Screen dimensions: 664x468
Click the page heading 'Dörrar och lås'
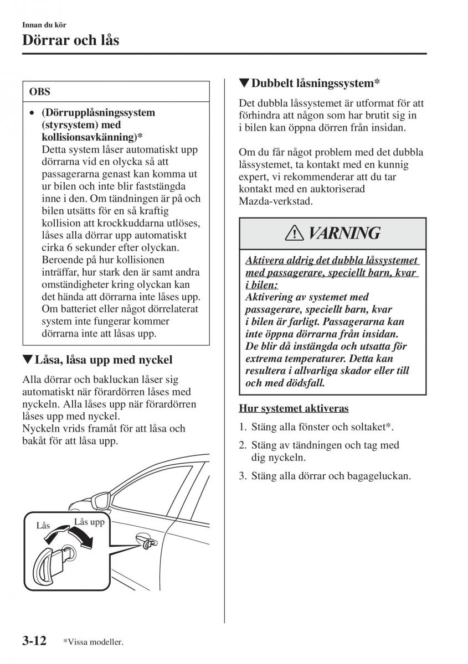point(70,40)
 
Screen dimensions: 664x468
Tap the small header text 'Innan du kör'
point(44,25)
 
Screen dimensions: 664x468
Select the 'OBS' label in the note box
point(40,92)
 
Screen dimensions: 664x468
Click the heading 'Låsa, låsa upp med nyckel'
point(97,360)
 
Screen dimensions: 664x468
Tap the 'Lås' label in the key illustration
point(43,525)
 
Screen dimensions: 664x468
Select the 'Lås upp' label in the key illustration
point(89,522)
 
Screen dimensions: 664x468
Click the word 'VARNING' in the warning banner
point(343,233)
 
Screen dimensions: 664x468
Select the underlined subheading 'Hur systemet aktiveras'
point(294,408)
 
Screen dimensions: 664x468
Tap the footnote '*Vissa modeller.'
point(92,642)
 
